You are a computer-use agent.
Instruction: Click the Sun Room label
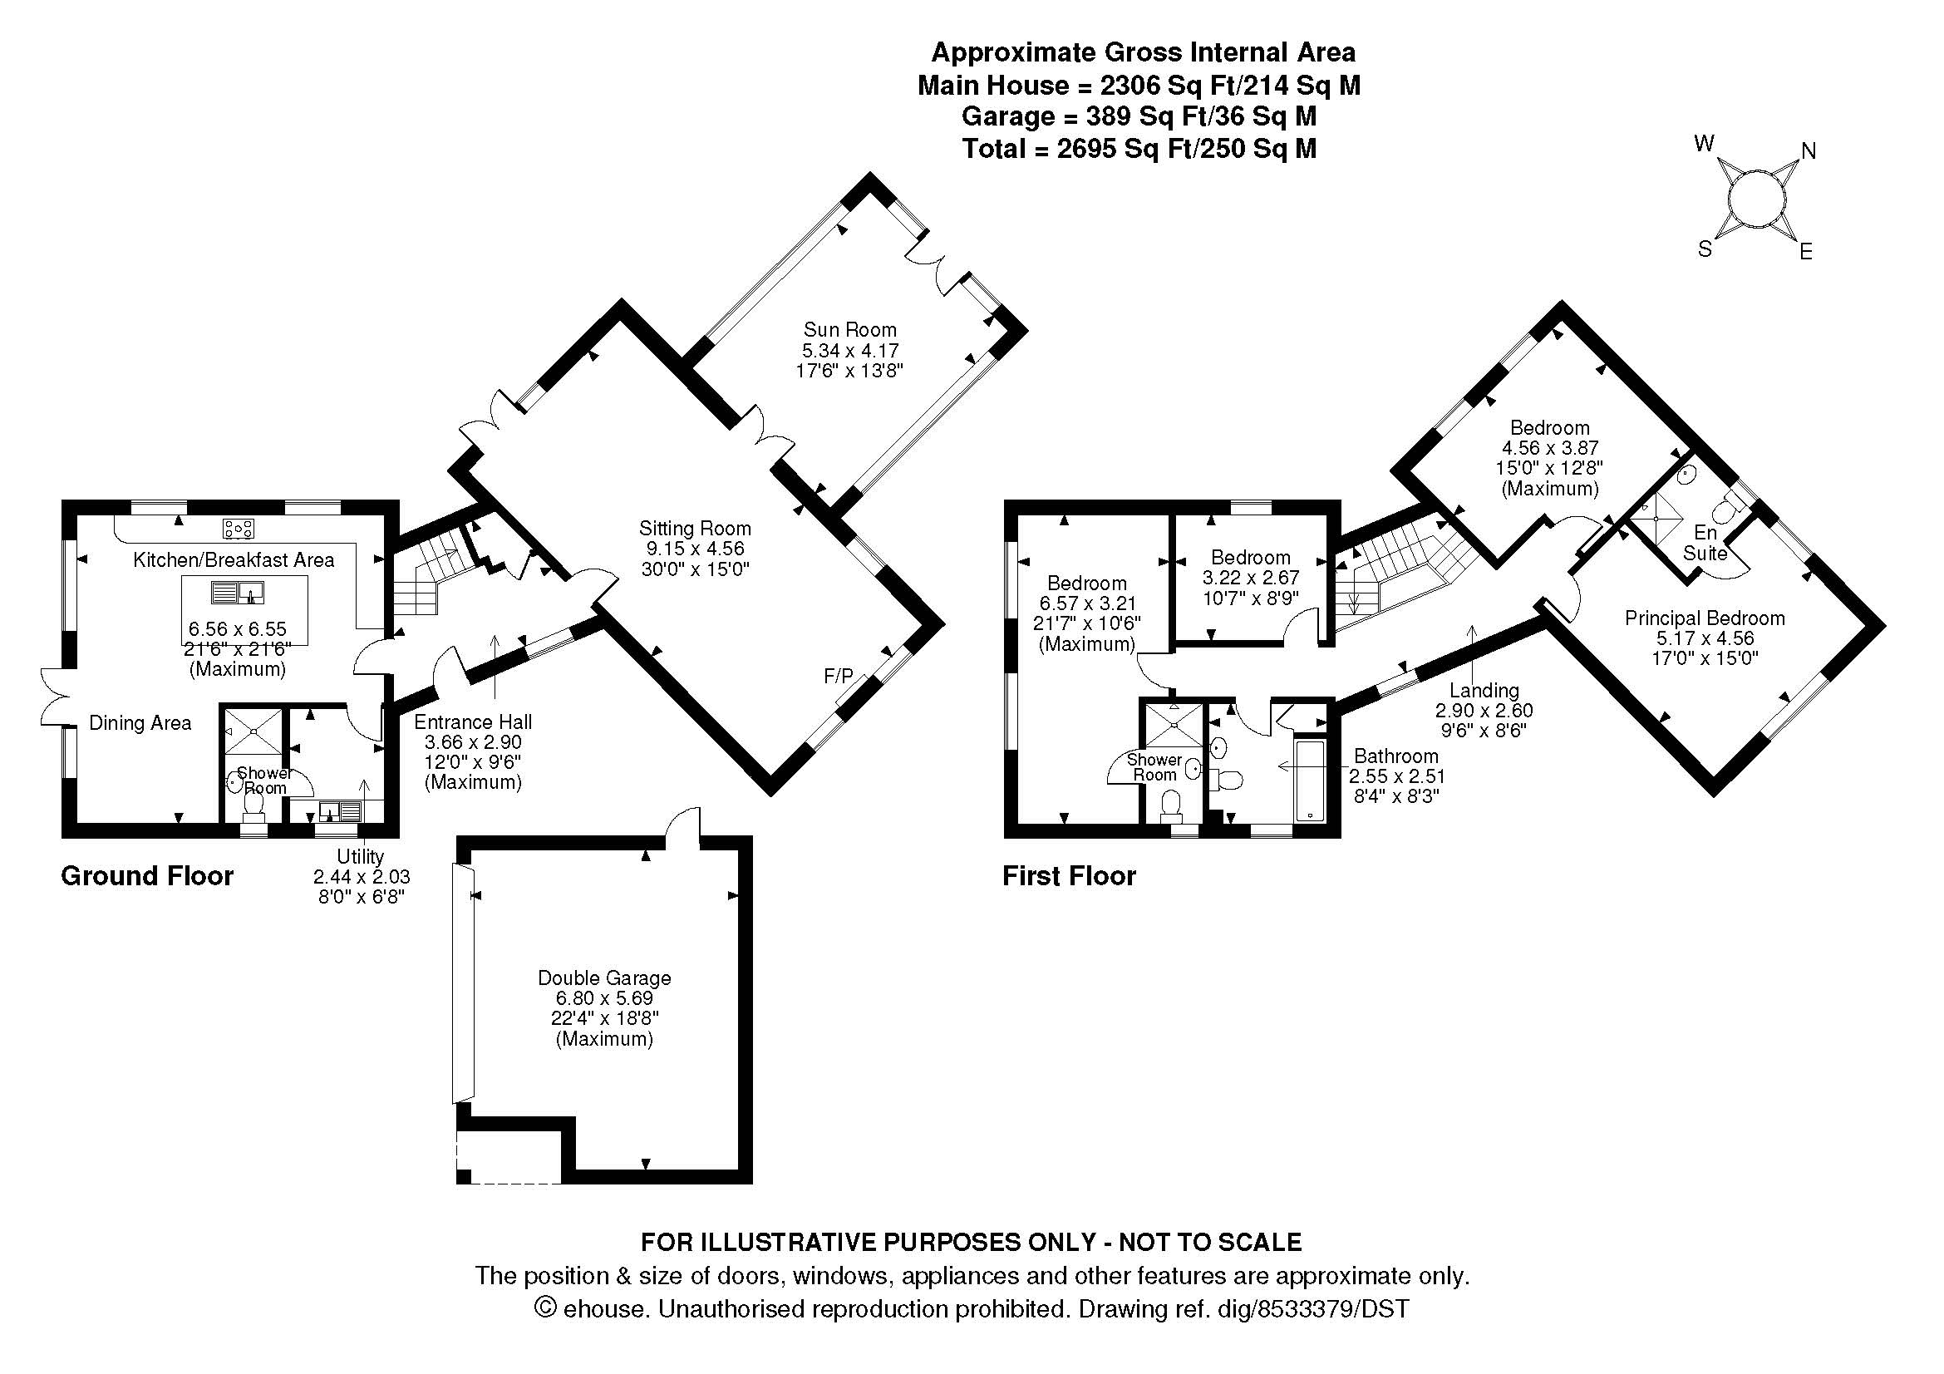pyautogui.click(x=849, y=329)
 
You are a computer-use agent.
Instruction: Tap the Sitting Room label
pyautogui.click(x=694, y=529)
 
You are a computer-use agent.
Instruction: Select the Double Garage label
pyautogui.click(x=603, y=978)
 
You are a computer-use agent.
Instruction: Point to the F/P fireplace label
pyautogui.click(x=839, y=676)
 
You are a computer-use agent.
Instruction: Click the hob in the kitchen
pyautogui.click(x=239, y=529)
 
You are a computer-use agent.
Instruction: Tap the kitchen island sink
pyautogui.click(x=239, y=592)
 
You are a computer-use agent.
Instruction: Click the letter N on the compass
pyautogui.click(x=1808, y=151)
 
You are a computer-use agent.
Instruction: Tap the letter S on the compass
pyautogui.click(x=1705, y=249)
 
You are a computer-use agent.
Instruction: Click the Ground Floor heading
pyautogui.click(x=147, y=875)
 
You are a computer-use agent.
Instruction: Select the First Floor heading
pyautogui.click(x=1069, y=875)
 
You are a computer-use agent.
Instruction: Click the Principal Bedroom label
pyautogui.click(x=1705, y=618)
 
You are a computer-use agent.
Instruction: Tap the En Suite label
pyautogui.click(x=1705, y=543)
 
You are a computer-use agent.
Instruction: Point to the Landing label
pyautogui.click(x=1484, y=690)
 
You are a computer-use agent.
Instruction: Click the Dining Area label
pyautogui.click(x=140, y=722)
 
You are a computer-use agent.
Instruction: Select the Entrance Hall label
pyautogui.click(x=472, y=721)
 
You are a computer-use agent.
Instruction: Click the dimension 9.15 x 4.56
pyautogui.click(x=694, y=549)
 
